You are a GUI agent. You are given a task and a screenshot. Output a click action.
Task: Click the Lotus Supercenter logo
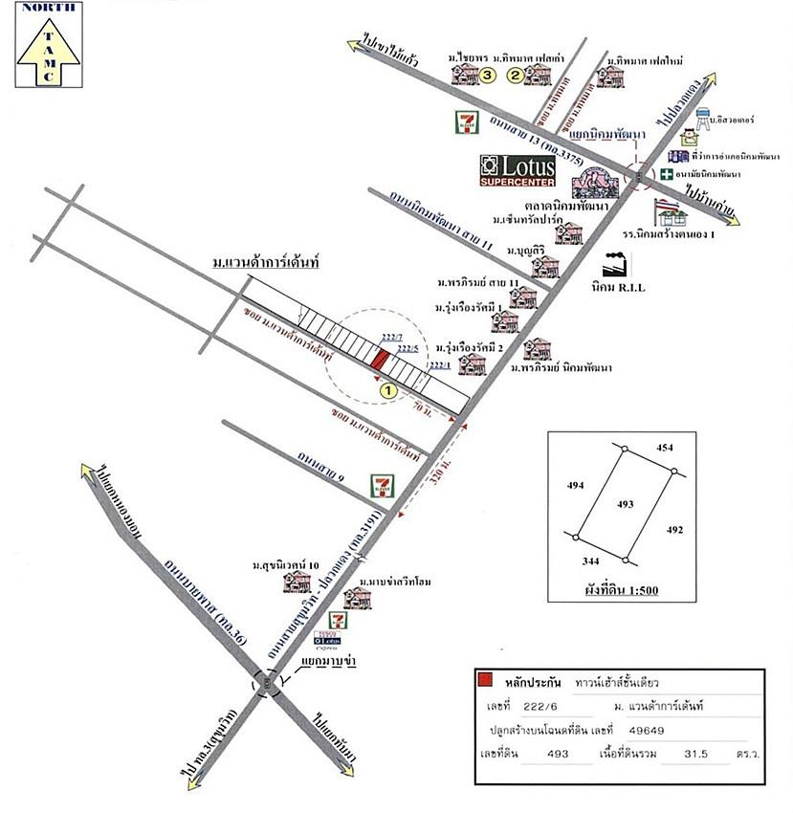coord(518,169)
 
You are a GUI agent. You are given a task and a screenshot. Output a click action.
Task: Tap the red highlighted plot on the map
coord(380,360)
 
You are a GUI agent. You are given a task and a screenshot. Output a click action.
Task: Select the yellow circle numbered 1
coord(388,390)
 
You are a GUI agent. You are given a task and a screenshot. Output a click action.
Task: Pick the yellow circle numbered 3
coord(488,74)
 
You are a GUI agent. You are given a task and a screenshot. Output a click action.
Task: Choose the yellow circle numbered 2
coord(515,75)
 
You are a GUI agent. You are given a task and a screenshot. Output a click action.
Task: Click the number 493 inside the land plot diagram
coord(625,503)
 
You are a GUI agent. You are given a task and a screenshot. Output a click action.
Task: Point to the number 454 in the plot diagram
coord(665,448)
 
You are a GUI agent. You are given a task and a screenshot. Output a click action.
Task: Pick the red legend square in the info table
coord(486,680)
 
